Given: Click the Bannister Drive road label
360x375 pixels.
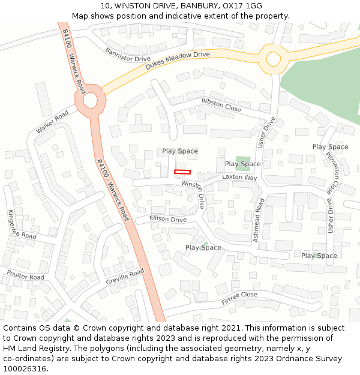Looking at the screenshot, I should coord(127,55).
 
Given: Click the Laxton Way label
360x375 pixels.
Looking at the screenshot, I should coord(239,178).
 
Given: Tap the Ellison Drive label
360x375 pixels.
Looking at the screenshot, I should coord(168,219).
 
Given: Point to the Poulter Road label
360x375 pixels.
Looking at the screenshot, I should coord(25,275).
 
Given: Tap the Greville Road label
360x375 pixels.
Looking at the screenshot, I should coord(125,277).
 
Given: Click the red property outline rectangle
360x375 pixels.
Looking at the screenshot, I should coord(182,172).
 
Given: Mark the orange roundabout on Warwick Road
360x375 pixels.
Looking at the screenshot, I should coord(90,100).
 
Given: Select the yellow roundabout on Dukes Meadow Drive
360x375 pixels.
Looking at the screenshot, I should coord(273,59).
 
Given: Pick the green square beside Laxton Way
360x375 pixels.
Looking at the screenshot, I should coord(243,163).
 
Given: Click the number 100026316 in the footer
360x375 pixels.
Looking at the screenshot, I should coord(25,368).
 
